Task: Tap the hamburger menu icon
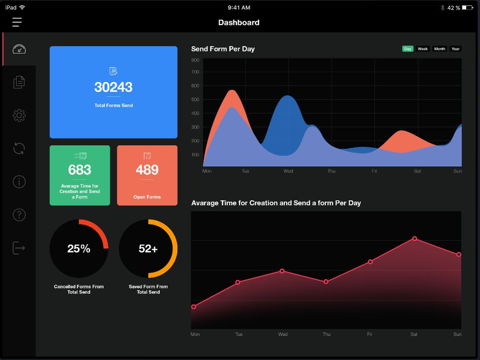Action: (17, 22)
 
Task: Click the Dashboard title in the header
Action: (239, 23)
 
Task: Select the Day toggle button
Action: (408, 49)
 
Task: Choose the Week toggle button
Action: (423, 49)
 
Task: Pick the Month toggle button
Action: (440, 49)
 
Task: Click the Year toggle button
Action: (456, 49)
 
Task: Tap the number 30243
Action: (113, 88)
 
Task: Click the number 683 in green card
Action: (80, 170)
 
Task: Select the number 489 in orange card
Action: (147, 170)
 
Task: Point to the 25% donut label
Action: (79, 248)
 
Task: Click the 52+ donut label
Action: (148, 248)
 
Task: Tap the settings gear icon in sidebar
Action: (19, 115)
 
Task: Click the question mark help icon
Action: (19, 214)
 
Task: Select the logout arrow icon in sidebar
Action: (19, 247)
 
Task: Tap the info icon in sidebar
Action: (19, 181)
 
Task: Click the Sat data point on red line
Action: (415, 239)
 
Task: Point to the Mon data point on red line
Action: (194, 307)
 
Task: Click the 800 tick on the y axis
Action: (196, 61)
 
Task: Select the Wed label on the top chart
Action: (289, 171)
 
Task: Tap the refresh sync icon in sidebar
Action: (19, 148)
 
